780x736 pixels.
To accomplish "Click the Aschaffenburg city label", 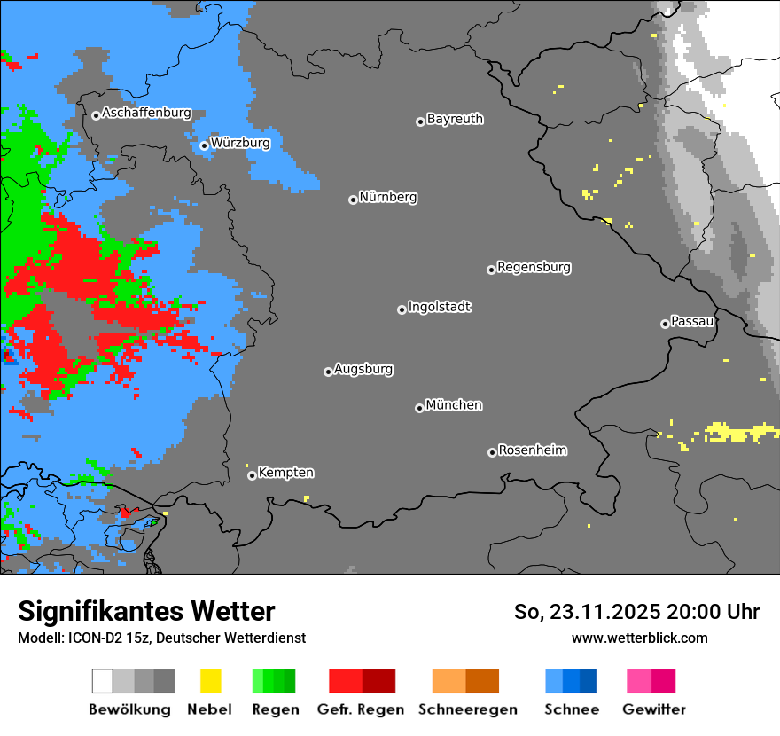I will tap(146, 114).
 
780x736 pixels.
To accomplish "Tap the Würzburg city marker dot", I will tap(204, 145).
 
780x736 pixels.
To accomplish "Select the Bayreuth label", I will tap(455, 119).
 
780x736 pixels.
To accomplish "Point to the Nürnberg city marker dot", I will tap(353, 200).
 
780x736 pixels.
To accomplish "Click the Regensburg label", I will tap(534, 267).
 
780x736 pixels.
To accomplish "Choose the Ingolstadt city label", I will tap(439, 307).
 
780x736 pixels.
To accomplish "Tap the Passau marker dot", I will tap(665, 324).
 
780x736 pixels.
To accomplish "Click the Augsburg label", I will tap(363, 369).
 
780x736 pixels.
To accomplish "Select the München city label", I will tap(454, 405).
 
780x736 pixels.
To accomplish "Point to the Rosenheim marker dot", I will tap(492, 452).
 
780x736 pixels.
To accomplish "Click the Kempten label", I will tap(285, 473).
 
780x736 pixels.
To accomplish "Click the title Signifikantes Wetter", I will tap(146, 611).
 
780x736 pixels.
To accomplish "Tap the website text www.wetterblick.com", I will tap(639, 638).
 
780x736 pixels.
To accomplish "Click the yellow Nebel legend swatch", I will tap(210, 681).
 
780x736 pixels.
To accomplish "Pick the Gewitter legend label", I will tap(654, 709).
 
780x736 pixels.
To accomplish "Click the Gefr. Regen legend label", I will tap(361, 709).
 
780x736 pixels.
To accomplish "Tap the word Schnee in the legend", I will tap(571, 709).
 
